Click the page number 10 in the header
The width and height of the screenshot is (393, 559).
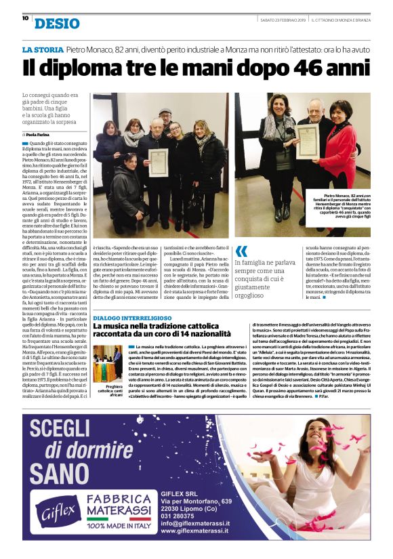[x=25, y=18]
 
